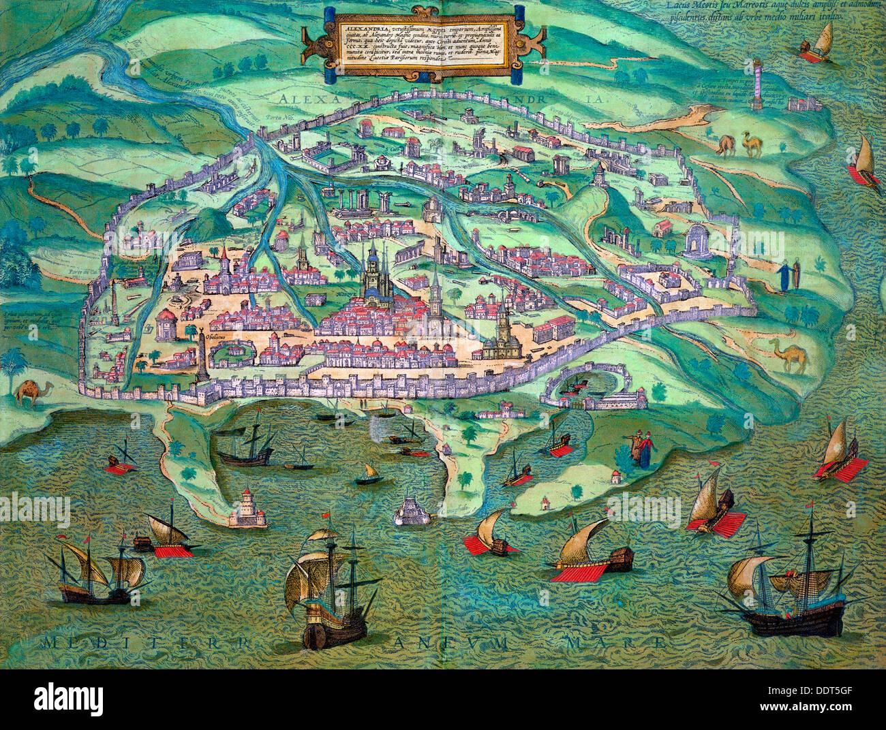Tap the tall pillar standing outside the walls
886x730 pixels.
point(757,84)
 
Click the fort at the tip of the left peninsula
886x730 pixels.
point(247,509)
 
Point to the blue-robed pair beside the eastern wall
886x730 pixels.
point(788,274)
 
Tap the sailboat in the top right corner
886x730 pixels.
point(819,44)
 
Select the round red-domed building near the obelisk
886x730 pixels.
point(167,326)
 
